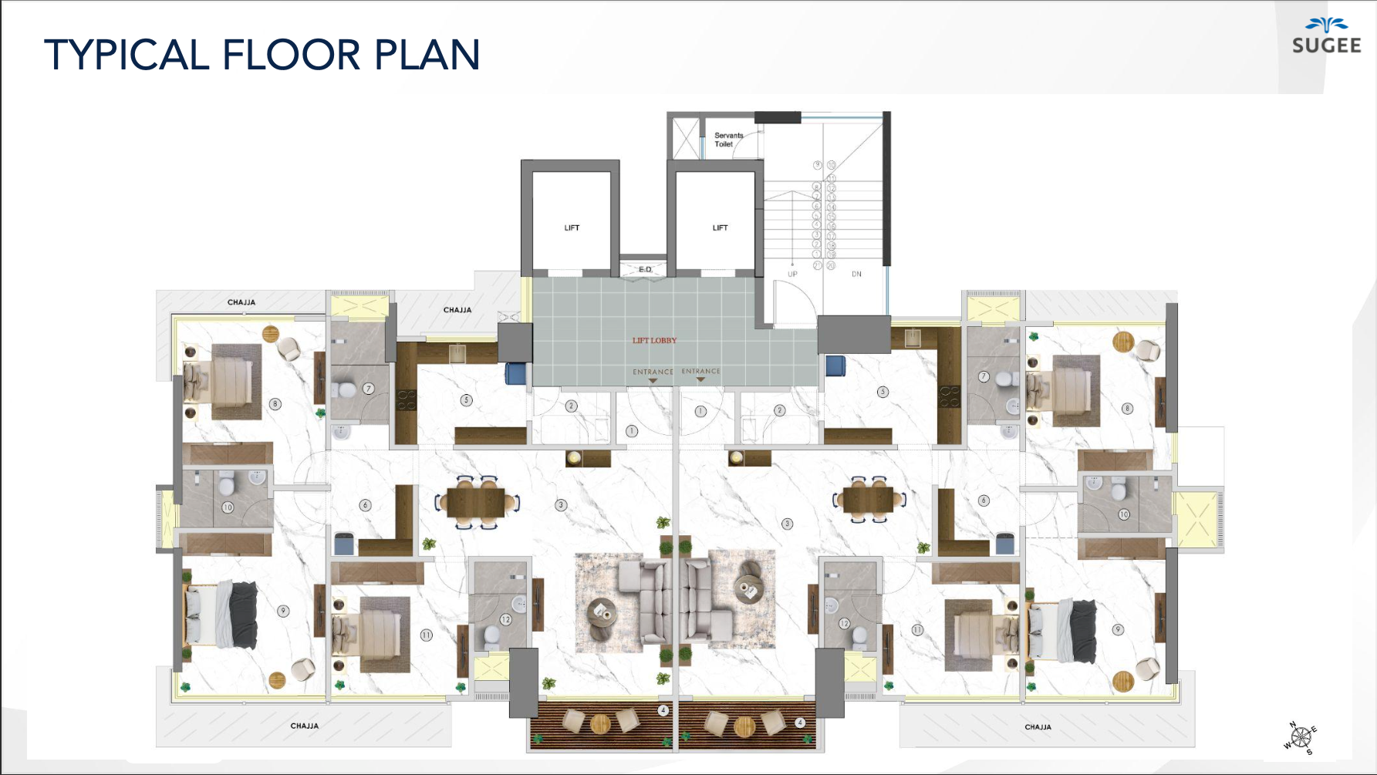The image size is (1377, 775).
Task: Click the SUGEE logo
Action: click(1326, 37)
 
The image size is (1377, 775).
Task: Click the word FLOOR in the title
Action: click(291, 56)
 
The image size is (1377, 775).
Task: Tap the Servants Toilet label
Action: click(727, 140)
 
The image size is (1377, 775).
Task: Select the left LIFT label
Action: click(572, 227)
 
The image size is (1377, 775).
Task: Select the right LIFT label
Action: click(720, 227)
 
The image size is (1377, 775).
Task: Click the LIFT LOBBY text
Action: click(654, 340)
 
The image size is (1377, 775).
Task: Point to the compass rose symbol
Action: click(1301, 737)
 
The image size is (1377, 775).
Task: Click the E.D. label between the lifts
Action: click(645, 269)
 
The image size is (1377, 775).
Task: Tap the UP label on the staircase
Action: click(792, 274)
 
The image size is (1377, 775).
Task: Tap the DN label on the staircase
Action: click(856, 274)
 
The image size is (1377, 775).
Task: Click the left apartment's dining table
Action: click(475, 502)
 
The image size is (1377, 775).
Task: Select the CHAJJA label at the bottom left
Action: click(304, 726)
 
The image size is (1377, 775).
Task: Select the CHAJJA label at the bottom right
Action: click(1038, 726)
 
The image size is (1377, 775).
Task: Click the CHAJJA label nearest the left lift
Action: click(457, 310)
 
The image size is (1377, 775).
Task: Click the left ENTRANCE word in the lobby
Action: click(653, 372)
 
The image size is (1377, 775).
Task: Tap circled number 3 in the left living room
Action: click(561, 505)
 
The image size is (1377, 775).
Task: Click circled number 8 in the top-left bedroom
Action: click(275, 404)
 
